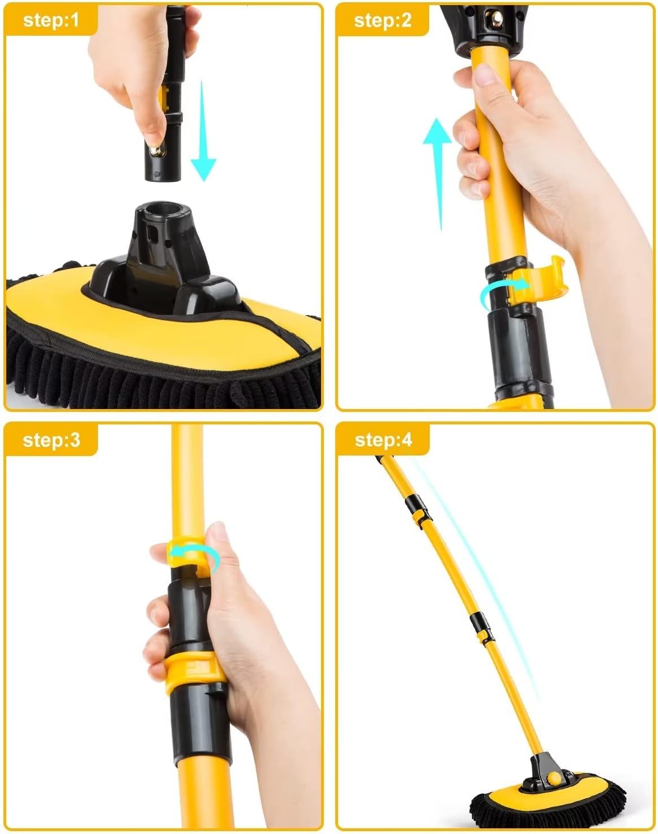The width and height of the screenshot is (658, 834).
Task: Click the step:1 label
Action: pos(51,20)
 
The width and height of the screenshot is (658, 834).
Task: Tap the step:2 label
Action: pos(383,20)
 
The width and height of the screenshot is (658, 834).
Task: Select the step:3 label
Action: pos(51,440)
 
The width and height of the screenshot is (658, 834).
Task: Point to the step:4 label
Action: pos(383,440)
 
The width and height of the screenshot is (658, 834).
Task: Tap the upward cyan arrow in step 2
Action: pos(438,175)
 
